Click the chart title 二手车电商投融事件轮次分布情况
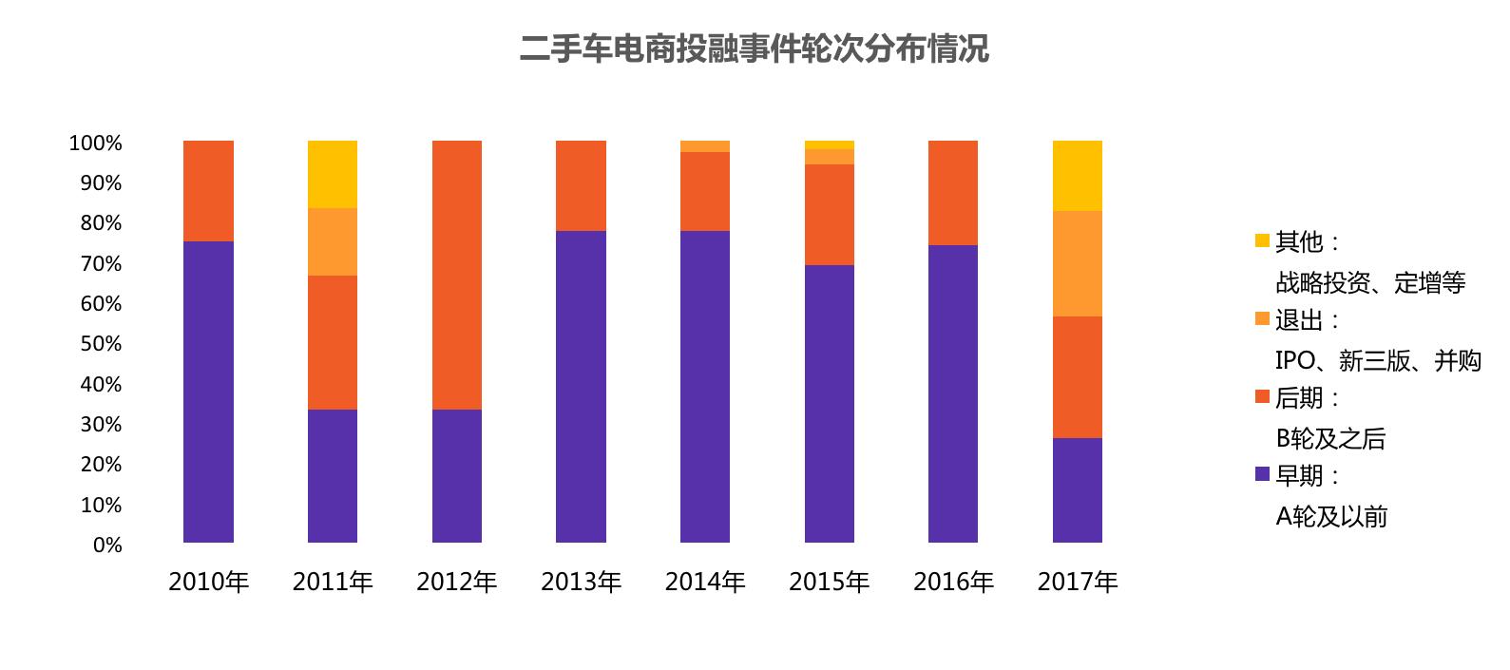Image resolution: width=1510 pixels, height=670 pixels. pos(754,48)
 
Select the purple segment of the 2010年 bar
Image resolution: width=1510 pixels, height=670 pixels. pos(208,392)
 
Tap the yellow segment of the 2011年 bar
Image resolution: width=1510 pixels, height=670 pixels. pos(333,174)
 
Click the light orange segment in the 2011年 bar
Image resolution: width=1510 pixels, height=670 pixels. pos(333,241)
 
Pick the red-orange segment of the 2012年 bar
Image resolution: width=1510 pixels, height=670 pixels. pos(457,275)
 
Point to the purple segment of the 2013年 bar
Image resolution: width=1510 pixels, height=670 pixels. pos(581,386)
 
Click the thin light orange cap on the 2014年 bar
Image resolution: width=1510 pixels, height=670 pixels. pos(705,146)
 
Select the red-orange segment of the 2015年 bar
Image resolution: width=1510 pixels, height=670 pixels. pos(830,214)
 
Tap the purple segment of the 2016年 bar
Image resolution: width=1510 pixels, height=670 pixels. pos(953,393)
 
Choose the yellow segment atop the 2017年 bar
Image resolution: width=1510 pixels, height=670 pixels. pos(1078,175)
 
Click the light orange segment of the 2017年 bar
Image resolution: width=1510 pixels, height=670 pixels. pos(1078,263)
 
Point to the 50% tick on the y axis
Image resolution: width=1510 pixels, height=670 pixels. pos(101,344)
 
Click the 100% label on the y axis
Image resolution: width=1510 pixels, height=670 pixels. pos(95,144)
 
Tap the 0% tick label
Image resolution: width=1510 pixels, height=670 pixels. pos(107,546)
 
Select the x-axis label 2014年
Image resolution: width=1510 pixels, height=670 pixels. pos(705,582)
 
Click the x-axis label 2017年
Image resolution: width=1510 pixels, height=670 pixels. pos(1078,582)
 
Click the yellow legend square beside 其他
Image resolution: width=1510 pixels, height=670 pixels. pos(1262,240)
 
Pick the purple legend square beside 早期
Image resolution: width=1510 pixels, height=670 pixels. pos(1262,473)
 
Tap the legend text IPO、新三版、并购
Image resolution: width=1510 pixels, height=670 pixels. pos(1378,361)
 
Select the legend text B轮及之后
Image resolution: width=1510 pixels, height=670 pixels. pos(1330,439)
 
